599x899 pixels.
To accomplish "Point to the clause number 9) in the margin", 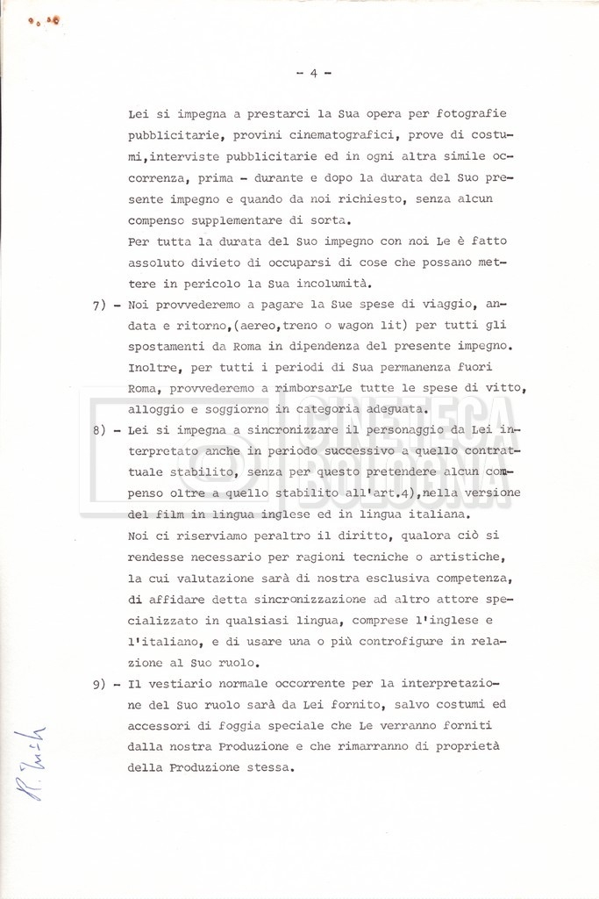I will point(99,683).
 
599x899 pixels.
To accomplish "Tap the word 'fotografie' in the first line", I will point(470,114).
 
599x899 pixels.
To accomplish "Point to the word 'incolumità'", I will point(289,283).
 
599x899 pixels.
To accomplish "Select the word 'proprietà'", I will point(474,746).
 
